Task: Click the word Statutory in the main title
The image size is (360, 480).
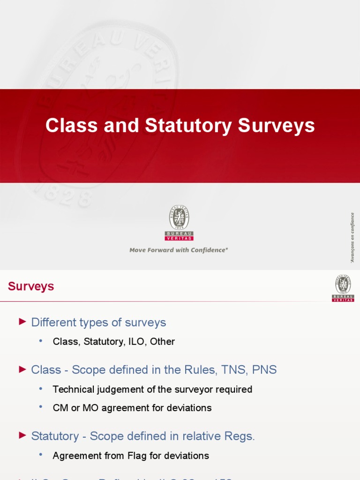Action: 188,126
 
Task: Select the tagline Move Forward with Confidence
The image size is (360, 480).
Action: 179,250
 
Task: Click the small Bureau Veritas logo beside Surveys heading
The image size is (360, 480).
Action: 343,288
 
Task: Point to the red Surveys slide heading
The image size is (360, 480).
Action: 31,286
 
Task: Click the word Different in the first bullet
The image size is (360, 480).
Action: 53,322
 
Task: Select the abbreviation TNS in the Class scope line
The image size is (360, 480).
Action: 232,370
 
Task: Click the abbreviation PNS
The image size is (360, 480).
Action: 264,370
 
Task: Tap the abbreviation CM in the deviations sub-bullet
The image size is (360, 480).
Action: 60,408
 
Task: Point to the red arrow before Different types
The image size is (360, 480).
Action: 22,322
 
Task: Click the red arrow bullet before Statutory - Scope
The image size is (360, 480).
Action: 22,435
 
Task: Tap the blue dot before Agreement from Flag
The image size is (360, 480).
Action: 41,455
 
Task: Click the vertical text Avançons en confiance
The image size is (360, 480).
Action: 352,238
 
